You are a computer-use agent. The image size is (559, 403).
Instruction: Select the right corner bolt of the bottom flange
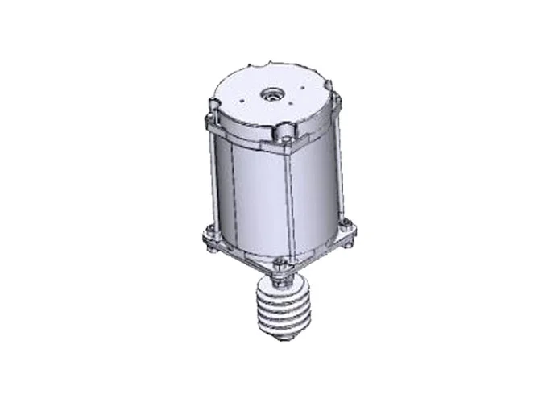tap(346, 225)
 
